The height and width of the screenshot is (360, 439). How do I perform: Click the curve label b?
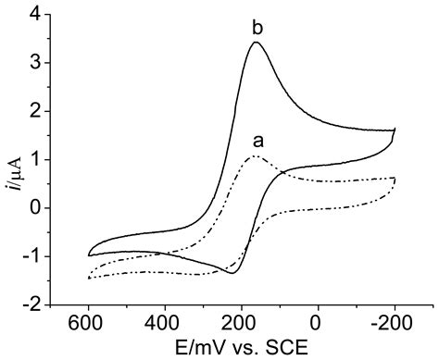[x=258, y=28]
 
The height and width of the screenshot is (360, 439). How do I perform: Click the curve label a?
[x=258, y=142]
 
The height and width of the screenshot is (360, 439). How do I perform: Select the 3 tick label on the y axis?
[x=36, y=63]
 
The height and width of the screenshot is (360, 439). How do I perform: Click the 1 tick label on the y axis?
[x=36, y=159]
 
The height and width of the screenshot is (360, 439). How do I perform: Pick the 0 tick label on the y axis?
[x=36, y=207]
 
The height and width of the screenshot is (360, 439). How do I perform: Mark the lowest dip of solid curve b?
[x=231, y=273]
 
